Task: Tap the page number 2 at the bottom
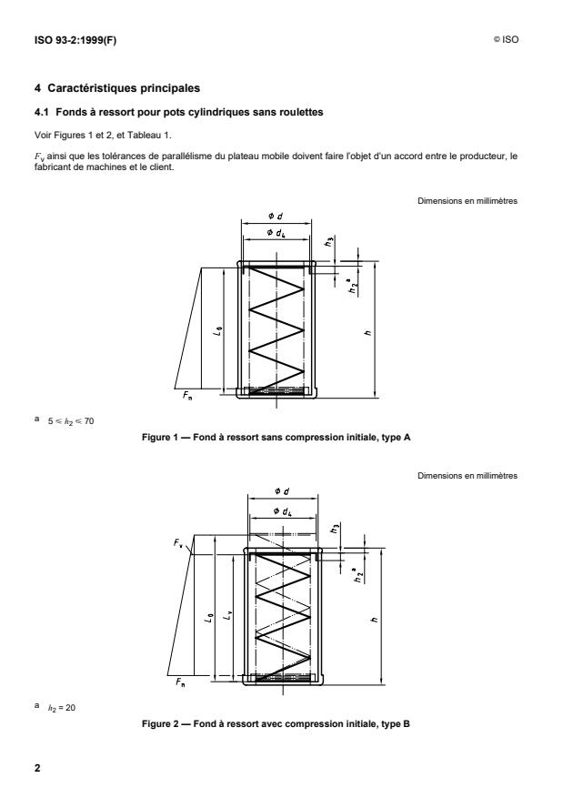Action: point(37,769)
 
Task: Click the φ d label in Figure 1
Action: point(274,216)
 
